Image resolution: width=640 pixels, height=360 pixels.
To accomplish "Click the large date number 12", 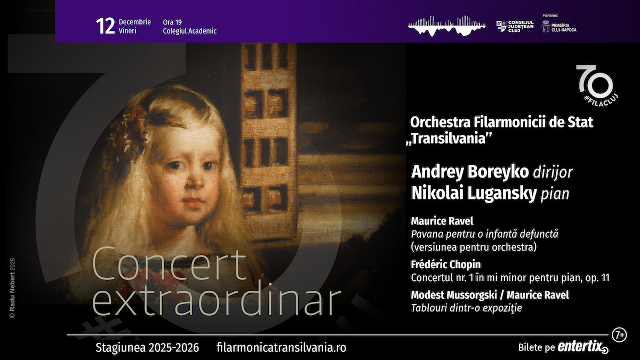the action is [x=106, y=26].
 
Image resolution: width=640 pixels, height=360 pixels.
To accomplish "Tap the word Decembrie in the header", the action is [x=135, y=22].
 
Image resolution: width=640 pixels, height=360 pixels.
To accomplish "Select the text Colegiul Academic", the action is [x=190, y=31].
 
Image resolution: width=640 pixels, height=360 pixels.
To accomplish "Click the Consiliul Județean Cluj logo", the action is [x=515, y=26].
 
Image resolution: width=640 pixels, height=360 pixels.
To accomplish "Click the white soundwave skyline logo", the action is [x=447, y=26].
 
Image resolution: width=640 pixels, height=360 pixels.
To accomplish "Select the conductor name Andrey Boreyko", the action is [x=470, y=172].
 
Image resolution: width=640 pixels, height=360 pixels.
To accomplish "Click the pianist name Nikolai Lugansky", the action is [x=474, y=194].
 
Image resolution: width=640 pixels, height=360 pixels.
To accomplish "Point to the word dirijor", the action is [x=553, y=172].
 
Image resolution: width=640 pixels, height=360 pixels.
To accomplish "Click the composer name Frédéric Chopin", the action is [x=446, y=265].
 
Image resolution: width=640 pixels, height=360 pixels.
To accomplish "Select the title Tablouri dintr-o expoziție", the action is [x=467, y=308].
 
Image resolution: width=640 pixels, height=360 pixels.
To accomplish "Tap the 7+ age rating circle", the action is [x=619, y=335].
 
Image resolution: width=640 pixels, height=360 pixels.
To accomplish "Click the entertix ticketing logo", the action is [x=583, y=347].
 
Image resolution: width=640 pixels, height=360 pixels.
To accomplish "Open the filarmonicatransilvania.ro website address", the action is [x=282, y=348].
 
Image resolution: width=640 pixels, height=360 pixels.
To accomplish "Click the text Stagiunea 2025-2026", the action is [x=147, y=348].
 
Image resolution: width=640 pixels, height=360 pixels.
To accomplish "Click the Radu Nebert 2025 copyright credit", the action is [x=12, y=288].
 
